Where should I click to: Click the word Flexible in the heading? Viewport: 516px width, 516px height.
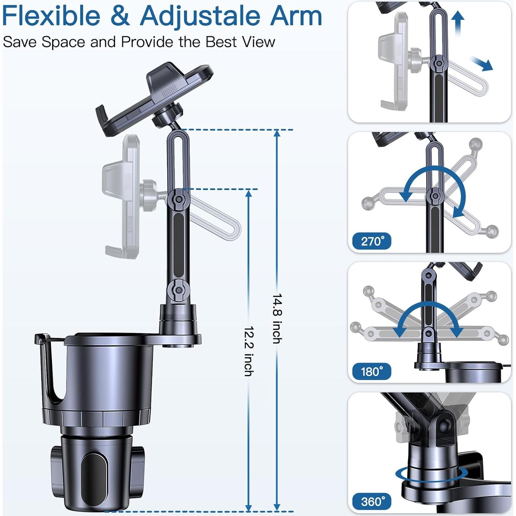tap(51, 16)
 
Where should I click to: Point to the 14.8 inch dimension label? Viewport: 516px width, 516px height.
tap(277, 319)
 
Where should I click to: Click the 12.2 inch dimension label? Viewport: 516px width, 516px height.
tap(249, 351)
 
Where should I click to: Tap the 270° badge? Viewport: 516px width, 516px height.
tap(371, 241)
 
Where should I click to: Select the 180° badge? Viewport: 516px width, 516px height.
tap(371, 372)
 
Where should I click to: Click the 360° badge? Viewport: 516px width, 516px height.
tap(371, 501)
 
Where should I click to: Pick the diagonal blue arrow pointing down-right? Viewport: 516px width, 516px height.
tap(483, 64)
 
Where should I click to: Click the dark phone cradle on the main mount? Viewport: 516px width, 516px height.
tap(155, 95)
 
